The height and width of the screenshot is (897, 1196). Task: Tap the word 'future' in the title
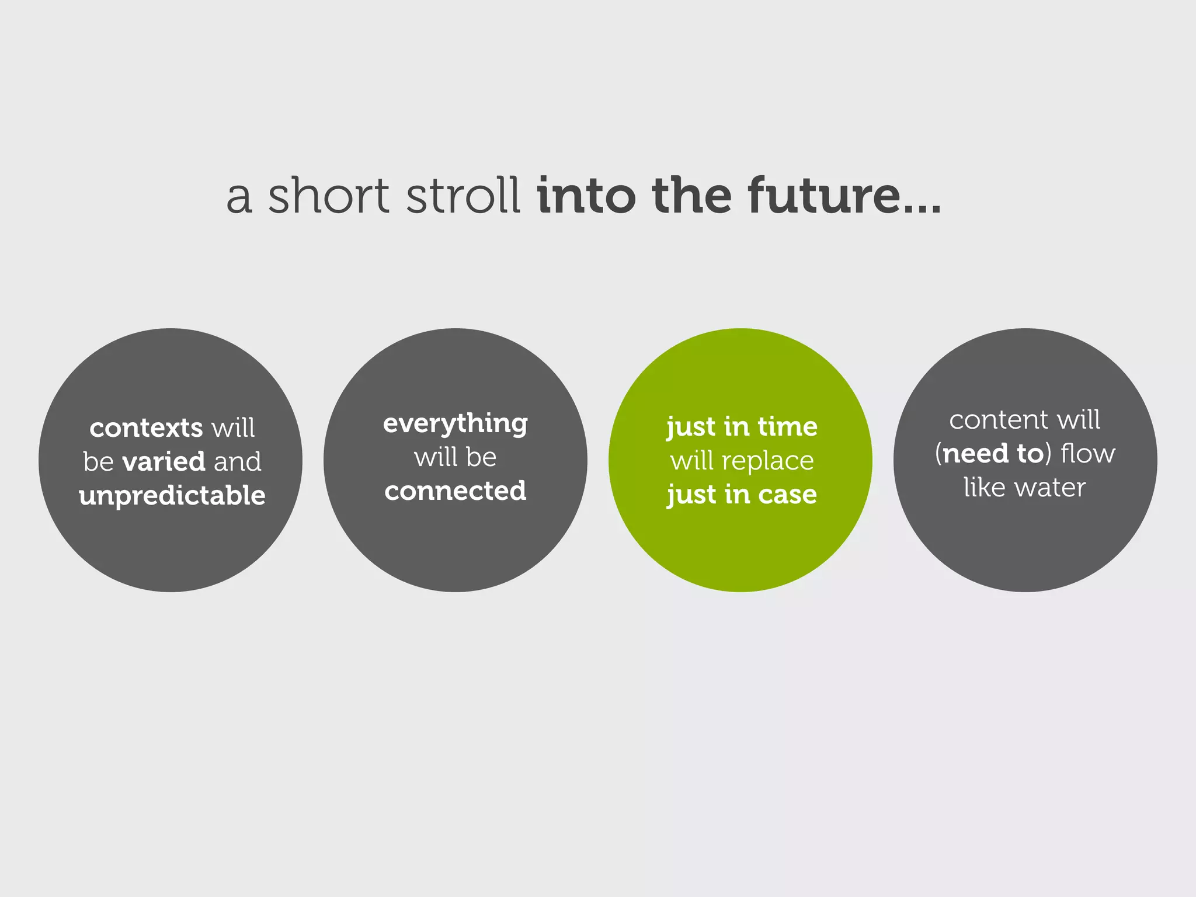824,196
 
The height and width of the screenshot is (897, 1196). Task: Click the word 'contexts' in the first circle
146,428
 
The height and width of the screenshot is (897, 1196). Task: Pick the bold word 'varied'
164,462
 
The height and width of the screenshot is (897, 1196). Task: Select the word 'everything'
456,424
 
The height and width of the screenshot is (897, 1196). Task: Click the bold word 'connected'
456,491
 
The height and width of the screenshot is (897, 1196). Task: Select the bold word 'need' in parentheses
975,454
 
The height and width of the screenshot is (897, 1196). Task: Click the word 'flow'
1087,454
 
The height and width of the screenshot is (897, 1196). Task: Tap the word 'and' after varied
238,462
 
